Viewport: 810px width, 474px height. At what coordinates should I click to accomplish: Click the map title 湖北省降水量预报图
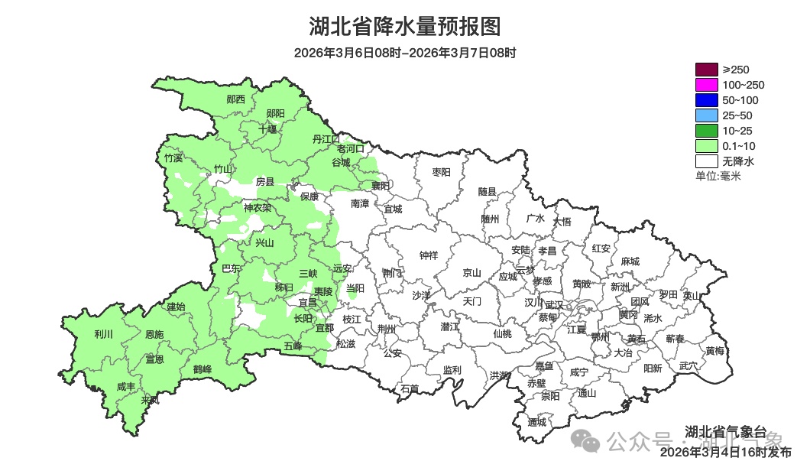pyautogui.click(x=405, y=28)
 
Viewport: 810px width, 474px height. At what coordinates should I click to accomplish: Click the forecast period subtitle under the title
pyautogui.click(x=405, y=53)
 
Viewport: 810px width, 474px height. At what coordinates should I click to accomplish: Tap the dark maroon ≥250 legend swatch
pyautogui.click(x=706, y=70)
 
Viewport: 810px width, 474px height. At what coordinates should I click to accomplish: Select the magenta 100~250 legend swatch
pyautogui.click(x=706, y=85)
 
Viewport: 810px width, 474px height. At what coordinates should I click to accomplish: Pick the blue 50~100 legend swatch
pyautogui.click(x=706, y=100)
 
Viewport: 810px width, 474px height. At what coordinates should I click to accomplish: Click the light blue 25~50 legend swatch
pyautogui.click(x=706, y=115)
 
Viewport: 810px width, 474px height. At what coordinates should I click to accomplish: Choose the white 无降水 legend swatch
pyautogui.click(x=706, y=161)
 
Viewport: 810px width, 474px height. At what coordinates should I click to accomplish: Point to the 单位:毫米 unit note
pyautogui.click(x=718, y=177)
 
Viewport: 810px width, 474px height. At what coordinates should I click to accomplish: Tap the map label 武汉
pyautogui.click(x=554, y=304)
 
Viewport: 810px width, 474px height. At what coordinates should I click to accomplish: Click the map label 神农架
pyautogui.click(x=258, y=207)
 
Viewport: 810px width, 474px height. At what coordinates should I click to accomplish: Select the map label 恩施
pyautogui.click(x=154, y=335)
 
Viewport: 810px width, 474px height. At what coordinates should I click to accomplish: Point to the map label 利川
pyautogui.click(x=103, y=334)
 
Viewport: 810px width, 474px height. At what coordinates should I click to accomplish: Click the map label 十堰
pyautogui.click(x=267, y=129)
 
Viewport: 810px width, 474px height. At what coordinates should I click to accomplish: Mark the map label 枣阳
pyautogui.click(x=442, y=172)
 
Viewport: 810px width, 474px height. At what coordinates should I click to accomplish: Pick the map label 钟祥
pyautogui.click(x=429, y=255)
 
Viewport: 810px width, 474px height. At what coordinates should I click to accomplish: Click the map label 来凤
pyautogui.click(x=151, y=400)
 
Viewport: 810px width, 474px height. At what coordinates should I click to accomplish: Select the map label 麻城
pyautogui.click(x=630, y=261)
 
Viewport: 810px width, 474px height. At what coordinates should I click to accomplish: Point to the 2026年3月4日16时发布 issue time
pyautogui.click(x=725, y=452)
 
